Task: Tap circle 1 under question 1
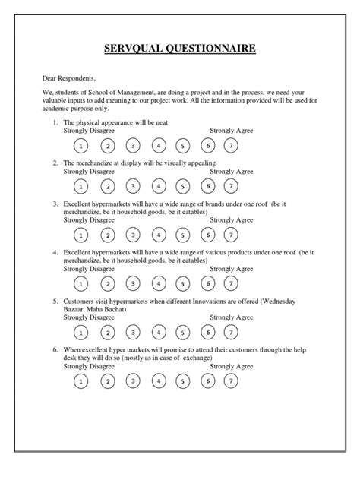pos(82,146)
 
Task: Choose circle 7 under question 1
pos(230,146)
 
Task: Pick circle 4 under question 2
pos(157,185)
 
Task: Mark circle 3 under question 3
pos(132,235)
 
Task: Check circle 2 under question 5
pos(107,331)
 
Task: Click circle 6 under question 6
pos(206,380)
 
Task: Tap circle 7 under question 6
pos(230,380)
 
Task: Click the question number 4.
pos(55,251)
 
